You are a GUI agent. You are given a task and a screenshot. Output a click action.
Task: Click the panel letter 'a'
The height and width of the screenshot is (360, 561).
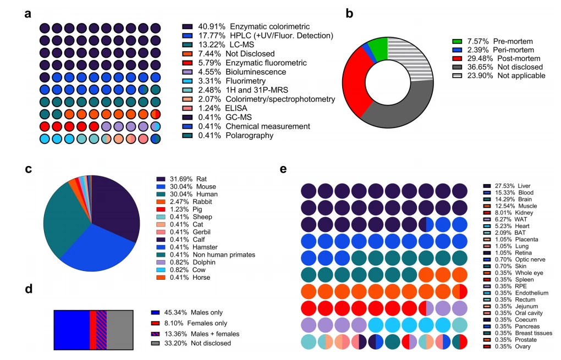click(x=28, y=14)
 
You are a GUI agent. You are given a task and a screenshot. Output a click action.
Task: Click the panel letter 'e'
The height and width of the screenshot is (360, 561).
click(x=283, y=169)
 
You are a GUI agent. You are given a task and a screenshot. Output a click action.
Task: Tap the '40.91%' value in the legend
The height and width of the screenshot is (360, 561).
click(x=212, y=26)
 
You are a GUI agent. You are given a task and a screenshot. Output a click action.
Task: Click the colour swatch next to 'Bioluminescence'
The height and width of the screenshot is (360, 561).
click(x=188, y=72)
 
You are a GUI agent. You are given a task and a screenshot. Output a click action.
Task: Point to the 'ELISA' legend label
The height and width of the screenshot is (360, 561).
click(x=236, y=108)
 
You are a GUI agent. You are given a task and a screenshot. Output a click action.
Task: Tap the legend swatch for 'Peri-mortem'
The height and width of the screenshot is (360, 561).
click(x=457, y=50)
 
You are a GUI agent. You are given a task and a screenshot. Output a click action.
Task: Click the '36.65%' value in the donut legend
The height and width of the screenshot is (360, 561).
click(x=480, y=67)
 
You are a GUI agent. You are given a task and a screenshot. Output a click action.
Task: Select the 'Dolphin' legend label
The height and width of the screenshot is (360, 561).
click(x=204, y=262)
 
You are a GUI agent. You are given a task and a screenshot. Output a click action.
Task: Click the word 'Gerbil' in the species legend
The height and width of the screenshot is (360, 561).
click(x=201, y=232)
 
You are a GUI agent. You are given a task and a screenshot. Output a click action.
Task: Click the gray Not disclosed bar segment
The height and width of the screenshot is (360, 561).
click(x=120, y=330)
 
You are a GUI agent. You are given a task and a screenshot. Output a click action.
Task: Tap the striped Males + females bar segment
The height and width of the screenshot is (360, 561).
click(x=101, y=330)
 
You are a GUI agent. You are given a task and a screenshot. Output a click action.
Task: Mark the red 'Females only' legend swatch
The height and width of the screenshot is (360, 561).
click(x=155, y=323)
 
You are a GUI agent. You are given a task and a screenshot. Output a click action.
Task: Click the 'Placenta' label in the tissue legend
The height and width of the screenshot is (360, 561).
click(x=526, y=240)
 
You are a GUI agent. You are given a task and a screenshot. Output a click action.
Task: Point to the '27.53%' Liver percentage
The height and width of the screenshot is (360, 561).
click(x=504, y=186)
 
